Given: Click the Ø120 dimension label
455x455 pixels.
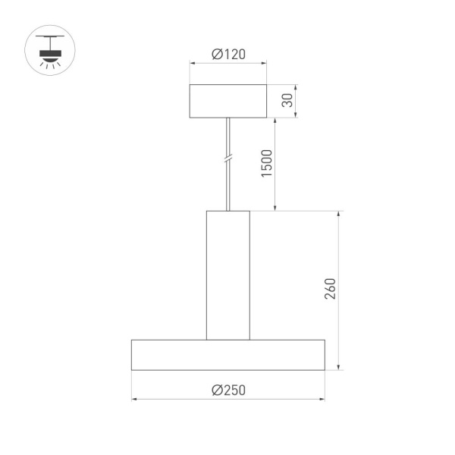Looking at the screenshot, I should coord(227,55).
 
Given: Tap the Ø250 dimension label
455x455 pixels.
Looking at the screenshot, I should coord(227,390).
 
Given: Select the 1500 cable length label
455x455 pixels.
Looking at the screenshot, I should coord(267,164).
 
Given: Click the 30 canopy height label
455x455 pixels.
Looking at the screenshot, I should coord(287,101).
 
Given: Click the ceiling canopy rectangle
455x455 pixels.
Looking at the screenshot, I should coord(227,101).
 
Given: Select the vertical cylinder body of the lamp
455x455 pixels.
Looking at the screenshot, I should coord(227,275).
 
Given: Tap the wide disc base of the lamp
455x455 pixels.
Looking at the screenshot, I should coord(227,355).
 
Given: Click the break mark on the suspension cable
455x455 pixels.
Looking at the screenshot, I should coord(227,160).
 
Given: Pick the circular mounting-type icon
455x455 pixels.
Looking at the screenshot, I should coord(51,51).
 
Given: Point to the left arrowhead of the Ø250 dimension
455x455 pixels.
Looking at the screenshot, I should coord(134,398).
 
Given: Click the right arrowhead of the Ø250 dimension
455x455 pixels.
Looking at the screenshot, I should coord(322,398).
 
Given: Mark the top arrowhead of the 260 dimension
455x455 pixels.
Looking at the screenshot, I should coord(339,214).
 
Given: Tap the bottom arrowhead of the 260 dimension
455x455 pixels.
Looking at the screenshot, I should coord(339,367).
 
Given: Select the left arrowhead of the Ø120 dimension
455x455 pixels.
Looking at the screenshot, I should coord(192,64).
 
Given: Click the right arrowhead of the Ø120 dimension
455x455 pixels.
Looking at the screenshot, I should coord(264,64).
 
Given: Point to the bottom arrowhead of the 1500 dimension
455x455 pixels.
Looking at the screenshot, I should coord(275,208).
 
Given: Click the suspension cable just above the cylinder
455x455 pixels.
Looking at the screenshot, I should coord(227,199).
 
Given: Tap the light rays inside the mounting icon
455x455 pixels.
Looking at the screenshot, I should coord(51,66).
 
